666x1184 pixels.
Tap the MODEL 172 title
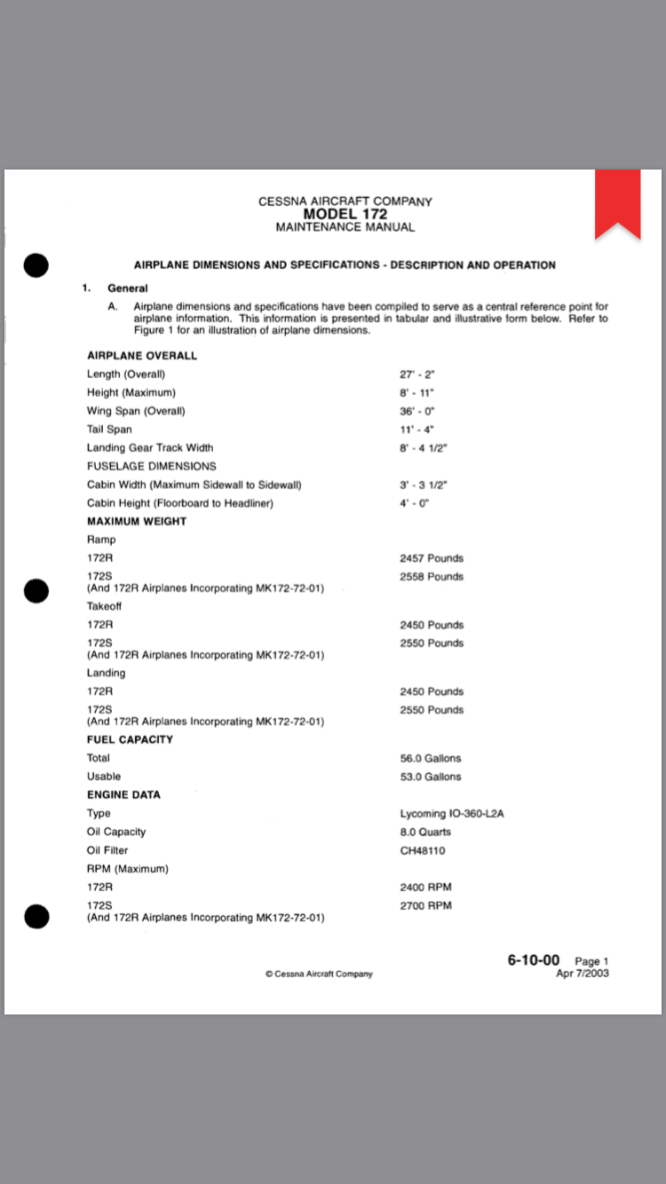(345, 214)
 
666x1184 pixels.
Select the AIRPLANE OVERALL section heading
(142, 356)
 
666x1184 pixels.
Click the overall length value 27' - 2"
(416, 375)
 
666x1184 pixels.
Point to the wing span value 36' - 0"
(416, 411)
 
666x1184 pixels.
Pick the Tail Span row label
(109, 430)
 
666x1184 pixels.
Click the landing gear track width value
(423, 448)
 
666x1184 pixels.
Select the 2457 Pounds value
(432, 558)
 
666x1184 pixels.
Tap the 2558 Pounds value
(432, 577)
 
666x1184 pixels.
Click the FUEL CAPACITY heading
(130, 739)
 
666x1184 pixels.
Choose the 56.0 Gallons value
(431, 759)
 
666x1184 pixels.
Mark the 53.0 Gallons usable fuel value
(431, 777)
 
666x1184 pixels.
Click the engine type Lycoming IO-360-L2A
(452, 814)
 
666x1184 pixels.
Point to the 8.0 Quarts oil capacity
(425, 833)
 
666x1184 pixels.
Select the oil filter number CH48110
(423, 851)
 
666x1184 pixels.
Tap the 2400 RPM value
(426, 888)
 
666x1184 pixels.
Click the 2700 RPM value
(426, 905)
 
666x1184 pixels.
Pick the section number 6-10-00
(534, 960)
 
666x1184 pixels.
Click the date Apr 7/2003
(583, 974)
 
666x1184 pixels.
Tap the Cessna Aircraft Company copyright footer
(319, 974)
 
